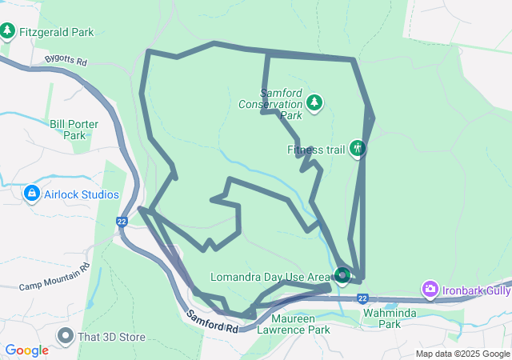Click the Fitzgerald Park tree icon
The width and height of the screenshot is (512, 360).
point(8,31)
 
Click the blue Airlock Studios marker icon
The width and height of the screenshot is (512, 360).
point(31,194)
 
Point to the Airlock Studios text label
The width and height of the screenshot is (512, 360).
point(82,194)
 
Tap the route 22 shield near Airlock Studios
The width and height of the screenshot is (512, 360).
point(122,222)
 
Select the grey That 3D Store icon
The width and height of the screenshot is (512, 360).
point(65,336)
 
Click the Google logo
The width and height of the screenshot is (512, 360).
point(26,350)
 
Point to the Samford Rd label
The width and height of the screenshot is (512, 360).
point(213,322)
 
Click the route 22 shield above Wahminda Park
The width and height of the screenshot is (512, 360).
point(362,298)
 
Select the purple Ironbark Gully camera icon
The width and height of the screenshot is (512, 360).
point(430,289)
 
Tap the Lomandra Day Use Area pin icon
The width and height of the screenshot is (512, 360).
point(342,276)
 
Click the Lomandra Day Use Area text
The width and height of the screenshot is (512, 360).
point(270,277)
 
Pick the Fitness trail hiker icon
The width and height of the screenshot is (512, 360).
point(357,149)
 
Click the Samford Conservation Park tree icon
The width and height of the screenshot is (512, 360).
point(314,102)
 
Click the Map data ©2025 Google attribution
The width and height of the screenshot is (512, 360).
point(462,354)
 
